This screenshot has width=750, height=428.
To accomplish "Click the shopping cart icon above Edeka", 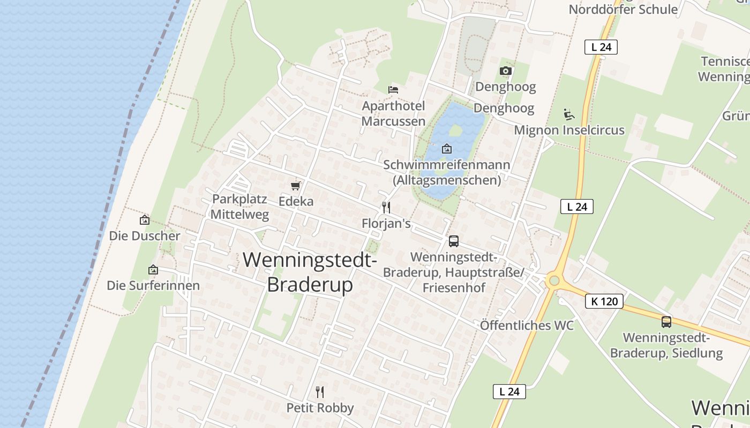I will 295,186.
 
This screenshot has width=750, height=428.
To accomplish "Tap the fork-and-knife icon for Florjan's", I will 386,207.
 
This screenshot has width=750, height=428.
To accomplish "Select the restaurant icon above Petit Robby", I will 320,392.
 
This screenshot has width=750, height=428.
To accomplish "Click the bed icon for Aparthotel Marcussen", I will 393,89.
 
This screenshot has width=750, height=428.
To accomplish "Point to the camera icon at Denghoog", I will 505,71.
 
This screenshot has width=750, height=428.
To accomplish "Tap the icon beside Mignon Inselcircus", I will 568,114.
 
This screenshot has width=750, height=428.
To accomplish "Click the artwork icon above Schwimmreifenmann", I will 446,149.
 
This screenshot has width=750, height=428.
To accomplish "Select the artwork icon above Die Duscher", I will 144,220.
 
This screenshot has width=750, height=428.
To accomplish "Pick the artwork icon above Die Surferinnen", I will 153,270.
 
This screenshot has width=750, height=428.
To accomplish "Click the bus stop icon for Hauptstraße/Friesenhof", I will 454,241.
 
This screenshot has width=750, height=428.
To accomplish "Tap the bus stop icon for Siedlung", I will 666,322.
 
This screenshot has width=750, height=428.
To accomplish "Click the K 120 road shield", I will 604,301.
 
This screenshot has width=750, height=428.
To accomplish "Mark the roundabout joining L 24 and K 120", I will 554,280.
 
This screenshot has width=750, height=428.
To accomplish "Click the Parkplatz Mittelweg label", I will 239,207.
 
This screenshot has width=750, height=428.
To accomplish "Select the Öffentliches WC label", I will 527,325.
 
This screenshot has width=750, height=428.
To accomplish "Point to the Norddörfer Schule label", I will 623,9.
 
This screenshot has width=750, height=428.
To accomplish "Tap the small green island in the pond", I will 455,130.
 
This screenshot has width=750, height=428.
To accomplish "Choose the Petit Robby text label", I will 320,408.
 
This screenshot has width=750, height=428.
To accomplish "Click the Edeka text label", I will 296,202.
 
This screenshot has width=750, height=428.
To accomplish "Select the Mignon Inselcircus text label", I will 569,130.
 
